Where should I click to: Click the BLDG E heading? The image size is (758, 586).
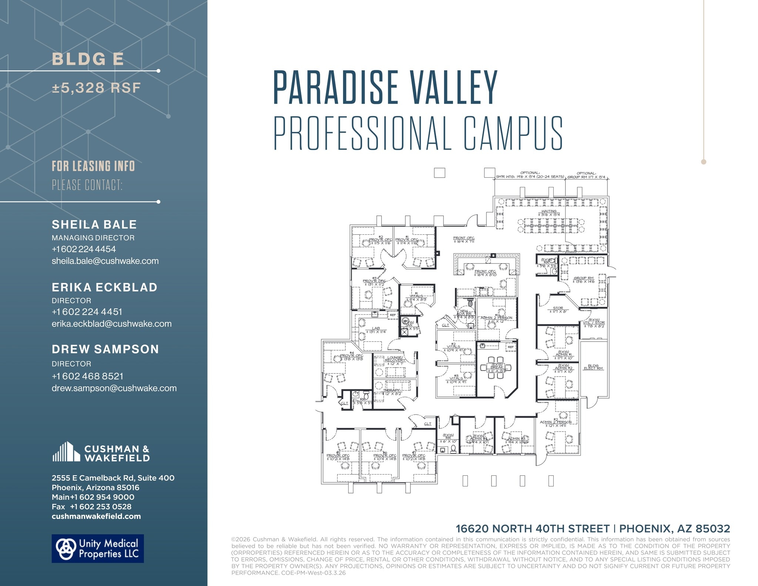pyautogui.click(x=88, y=59)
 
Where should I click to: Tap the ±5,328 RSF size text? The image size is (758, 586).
pyautogui.click(x=96, y=88)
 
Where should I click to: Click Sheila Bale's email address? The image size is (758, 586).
pyautogui.click(x=105, y=261)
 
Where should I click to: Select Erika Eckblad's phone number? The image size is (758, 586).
pyautogui.click(x=87, y=312)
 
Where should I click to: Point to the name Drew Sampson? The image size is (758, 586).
pyautogui.click(x=105, y=349)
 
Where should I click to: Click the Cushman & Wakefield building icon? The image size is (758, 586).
pyautogui.click(x=66, y=452)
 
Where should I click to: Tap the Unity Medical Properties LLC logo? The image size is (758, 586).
pyautogui.click(x=98, y=548)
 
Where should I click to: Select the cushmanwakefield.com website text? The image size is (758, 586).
pyautogui.click(x=96, y=516)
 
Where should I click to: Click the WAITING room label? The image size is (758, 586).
pyautogui.click(x=549, y=213)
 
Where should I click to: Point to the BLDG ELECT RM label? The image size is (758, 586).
pyautogui.click(x=593, y=367)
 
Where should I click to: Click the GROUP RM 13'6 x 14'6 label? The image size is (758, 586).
pyautogui.click(x=583, y=279)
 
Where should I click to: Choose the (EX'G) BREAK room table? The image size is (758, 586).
pyautogui.click(x=496, y=368)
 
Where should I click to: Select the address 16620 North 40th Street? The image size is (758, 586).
pyautogui.click(x=532, y=529)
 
